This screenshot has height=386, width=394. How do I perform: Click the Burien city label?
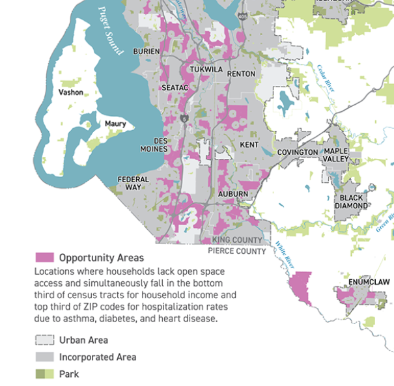tap(147, 51)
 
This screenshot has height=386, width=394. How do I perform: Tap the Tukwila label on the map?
tap(206, 69)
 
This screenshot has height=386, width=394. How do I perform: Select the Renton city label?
tap(241, 74)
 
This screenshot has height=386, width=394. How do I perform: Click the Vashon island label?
tap(71, 92)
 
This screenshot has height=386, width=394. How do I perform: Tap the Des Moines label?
tap(154, 145)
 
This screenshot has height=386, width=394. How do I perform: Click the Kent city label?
tap(249, 145)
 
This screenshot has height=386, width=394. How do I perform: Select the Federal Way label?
tap(133, 183)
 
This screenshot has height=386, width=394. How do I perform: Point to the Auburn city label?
tap(232, 194)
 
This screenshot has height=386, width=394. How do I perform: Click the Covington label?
tap(298, 152)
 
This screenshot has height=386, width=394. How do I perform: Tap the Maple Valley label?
tap(337, 155)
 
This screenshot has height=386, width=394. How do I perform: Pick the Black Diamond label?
tap(351, 202)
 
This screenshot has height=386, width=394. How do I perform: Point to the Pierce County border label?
tap(237, 251)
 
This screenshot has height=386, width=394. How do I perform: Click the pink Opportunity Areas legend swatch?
tap(44, 258)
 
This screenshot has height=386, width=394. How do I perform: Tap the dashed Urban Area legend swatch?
tap(44, 340)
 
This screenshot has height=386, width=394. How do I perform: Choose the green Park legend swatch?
tap(44, 374)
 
